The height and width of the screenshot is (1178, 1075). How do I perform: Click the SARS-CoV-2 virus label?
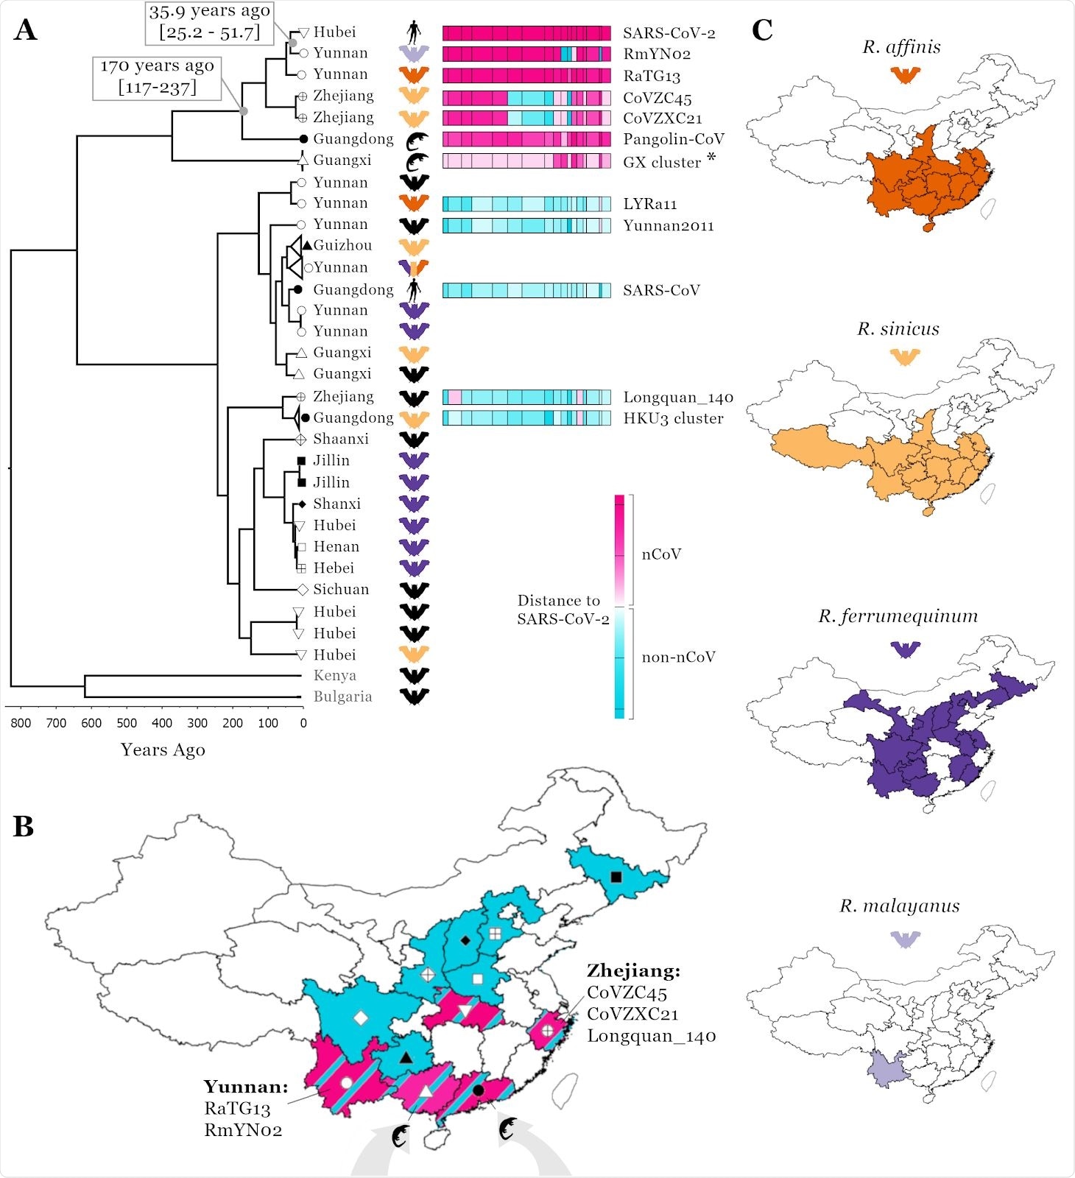(669, 33)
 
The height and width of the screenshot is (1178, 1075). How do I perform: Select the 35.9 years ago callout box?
(210, 22)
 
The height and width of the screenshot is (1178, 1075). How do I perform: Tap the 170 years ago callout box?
(157, 77)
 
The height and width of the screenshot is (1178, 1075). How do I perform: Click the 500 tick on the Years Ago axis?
(127, 723)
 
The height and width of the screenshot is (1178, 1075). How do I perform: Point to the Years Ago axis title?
(163, 750)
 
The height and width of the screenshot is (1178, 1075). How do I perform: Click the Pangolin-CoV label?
(673, 139)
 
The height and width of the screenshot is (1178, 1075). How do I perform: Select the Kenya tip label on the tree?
(334, 676)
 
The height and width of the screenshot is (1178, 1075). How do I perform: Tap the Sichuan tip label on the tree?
(340, 590)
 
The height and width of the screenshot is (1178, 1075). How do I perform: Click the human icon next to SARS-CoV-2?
(415, 32)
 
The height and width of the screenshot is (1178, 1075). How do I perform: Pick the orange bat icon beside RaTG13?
(414, 74)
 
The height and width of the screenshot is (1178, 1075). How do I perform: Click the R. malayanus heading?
(899, 906)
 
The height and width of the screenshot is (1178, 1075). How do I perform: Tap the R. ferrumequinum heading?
(898, 616)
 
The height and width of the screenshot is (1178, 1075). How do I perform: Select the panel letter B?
(24, 827)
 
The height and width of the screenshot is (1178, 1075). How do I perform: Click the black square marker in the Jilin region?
(616, 877)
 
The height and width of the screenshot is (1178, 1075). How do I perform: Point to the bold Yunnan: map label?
(246, 1087)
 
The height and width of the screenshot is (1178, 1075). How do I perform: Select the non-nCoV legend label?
(678, 657)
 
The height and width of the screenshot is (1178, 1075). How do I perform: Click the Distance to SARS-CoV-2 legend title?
(562, 610)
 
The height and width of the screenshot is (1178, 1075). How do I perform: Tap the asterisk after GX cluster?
(711, 157)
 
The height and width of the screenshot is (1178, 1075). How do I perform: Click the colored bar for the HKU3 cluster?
(526, 418)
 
